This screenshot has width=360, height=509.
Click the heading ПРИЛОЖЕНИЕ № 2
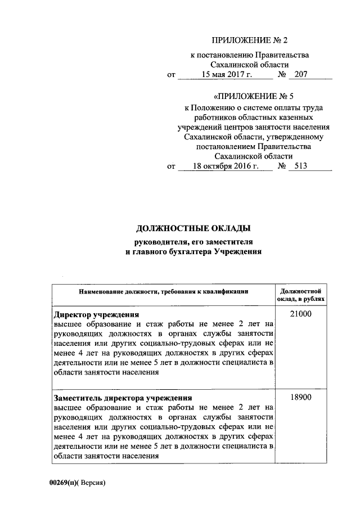[x=248, y=40]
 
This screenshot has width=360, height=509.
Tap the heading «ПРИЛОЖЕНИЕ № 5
[x=248, y=94]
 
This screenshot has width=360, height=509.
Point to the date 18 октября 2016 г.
[x=224, y=166]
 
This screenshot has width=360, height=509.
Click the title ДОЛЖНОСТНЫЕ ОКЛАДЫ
[x=193, y=229]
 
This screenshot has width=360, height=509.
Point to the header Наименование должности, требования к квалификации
[x=164, y=292]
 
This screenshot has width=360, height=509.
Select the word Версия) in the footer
[x=92, y=483]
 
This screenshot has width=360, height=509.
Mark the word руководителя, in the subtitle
[x=157, y=242]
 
